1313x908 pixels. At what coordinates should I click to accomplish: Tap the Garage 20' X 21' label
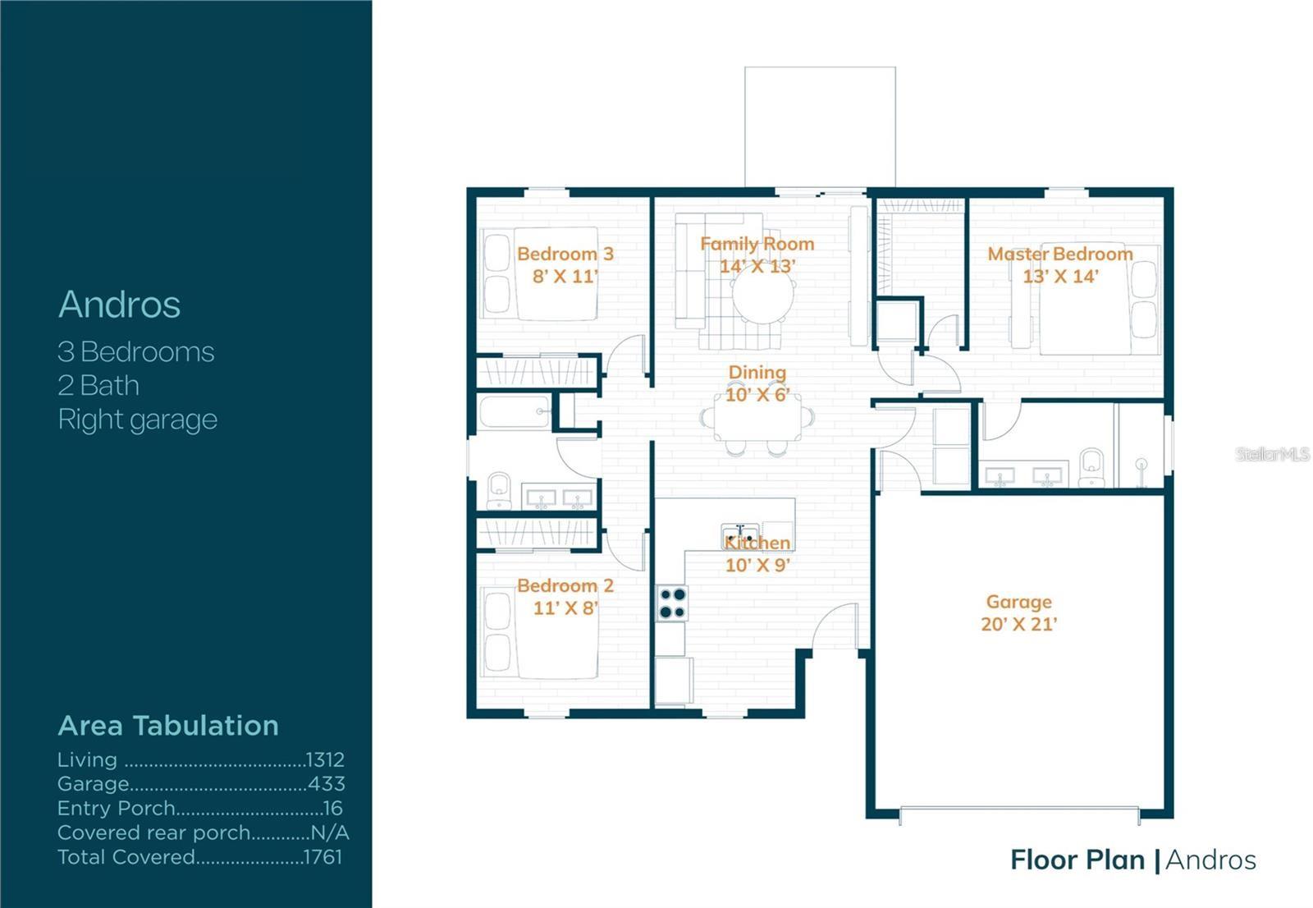point(1018,612)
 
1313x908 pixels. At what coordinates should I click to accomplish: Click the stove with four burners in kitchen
point(672,603)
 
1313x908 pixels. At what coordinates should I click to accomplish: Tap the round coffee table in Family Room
point(763,296)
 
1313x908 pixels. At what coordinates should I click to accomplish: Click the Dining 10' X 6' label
point(757,383)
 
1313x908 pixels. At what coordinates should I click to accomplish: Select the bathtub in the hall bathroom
point(515,412)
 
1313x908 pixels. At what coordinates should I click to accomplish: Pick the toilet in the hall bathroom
point(498,490)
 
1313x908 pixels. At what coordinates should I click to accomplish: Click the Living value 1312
point(325,759)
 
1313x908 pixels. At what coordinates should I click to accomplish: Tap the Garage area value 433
point(327,784)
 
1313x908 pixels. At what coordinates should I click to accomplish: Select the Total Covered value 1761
point(323,857)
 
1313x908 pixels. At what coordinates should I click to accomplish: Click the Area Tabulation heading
point(168,726)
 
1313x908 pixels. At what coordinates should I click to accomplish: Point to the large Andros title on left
point(120,305)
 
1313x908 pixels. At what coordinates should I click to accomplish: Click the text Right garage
point(138,420)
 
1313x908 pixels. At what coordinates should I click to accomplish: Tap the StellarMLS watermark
point(1272,454)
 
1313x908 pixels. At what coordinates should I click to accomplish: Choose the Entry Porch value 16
point(332,809)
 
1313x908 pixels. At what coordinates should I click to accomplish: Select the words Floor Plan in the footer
point(1077,860)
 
